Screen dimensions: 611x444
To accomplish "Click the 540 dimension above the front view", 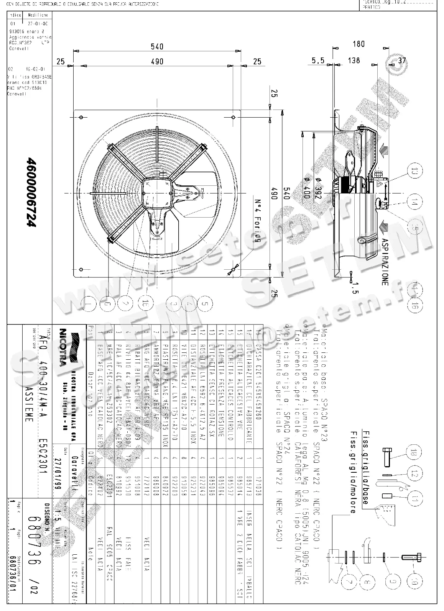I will [x=157, y=47].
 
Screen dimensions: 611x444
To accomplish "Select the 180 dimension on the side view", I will [x=358, y=44].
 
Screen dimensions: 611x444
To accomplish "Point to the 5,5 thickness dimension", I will [x=318, y=60].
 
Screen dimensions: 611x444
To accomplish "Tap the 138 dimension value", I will [x=354, y=60].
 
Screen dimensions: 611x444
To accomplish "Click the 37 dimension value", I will [x=402, y=60].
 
